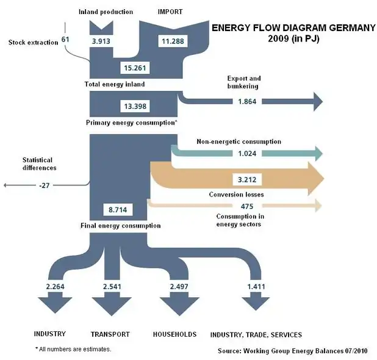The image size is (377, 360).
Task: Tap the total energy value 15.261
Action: (x=135, y=67)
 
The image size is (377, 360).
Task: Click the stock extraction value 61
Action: (x=66, y=40)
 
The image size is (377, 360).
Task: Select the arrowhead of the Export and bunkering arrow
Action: (x=317, y=101)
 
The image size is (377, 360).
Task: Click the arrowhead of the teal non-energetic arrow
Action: (x=317, y=153)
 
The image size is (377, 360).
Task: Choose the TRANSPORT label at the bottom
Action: (x=110, y=334)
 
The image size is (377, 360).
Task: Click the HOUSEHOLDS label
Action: (x=174, y=334)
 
